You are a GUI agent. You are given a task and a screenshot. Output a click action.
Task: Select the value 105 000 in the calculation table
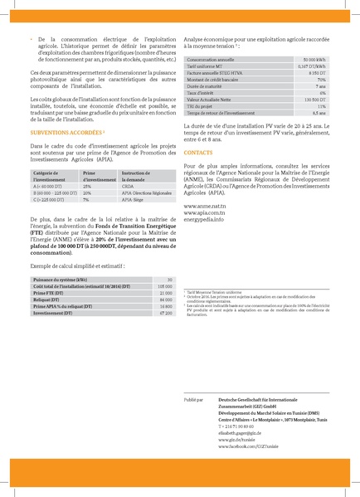click(x=163, y=287)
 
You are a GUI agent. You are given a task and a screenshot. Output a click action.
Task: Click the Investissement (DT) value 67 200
click(x=163, y=312)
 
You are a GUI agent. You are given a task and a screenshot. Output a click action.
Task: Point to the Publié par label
click(x=194, y=399)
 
